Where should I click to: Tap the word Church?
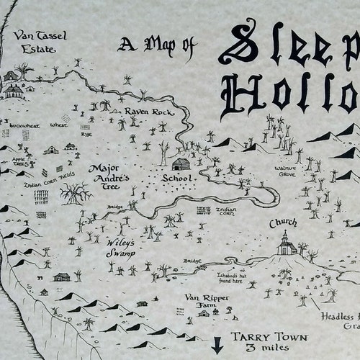[283, 224]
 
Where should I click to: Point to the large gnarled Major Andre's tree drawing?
[75, 193]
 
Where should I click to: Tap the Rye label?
[86, 133]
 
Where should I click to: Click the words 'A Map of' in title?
[158, 46]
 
